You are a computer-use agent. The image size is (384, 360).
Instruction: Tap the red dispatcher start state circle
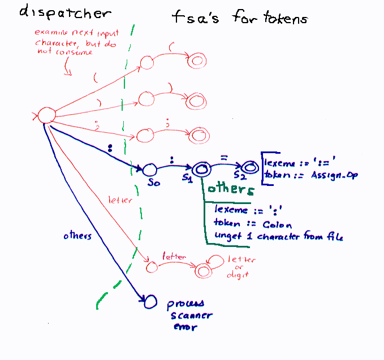coord(46,116)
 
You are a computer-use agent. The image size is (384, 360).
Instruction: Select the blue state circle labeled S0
coord(149,169)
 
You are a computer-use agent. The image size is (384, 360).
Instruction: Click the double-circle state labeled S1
coord(201,168)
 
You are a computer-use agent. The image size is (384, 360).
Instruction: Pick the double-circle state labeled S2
coord(248,167)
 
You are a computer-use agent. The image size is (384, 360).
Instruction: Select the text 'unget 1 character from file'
coord(278,237)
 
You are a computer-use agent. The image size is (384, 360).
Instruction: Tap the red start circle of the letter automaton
coord(150,265)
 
